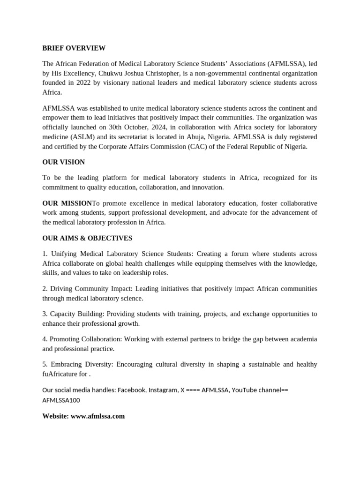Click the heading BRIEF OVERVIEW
tap(74, 48)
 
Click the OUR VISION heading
tap(63, 162)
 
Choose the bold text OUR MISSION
tap(67, 203)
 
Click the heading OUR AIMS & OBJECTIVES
tap(87, 238)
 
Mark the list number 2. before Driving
tap(45, 288)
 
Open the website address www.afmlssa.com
tap(97, 416)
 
